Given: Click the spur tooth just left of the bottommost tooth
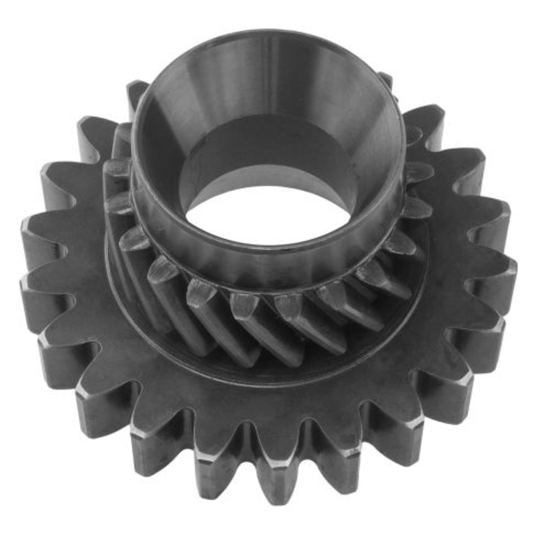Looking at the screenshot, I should click(224, 467).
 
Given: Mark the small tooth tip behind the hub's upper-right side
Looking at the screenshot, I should click(385, 80).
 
